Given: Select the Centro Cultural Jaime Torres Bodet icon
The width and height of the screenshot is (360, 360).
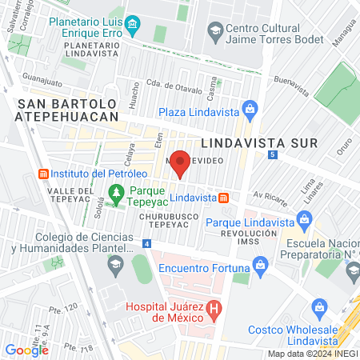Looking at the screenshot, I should click(x=214, y=32).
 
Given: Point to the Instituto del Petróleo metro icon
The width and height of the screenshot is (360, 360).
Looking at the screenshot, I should click(x=44, y=174).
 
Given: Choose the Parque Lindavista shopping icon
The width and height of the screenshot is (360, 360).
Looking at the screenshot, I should click(x=303, y=218).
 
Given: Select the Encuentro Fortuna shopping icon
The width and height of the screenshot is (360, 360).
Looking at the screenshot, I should click(x=258, y=263).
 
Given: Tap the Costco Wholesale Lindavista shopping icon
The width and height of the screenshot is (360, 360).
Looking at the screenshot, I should click(x=320, y=307).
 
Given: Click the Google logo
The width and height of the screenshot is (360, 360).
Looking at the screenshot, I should click(x=26, y=349).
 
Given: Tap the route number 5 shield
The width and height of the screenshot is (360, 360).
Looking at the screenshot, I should click(x=273, y=154).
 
